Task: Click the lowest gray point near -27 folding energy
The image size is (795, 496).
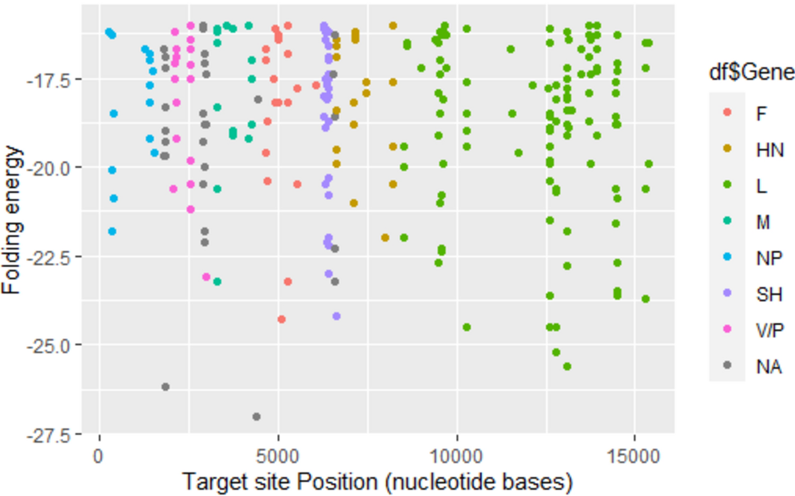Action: pos(256,417)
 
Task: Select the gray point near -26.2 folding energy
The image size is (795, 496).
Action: pos(165,387)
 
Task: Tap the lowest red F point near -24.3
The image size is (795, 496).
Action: pos(282,319)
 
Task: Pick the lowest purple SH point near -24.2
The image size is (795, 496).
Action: pos(336,316)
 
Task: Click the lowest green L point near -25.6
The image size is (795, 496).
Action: pos(567,366)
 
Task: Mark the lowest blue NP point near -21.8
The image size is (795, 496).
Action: pos(112,232)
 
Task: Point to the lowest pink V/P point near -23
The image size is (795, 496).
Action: pos(206,277)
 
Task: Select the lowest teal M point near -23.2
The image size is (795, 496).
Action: pos(217,282)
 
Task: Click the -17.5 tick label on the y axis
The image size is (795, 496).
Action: pos(49,80)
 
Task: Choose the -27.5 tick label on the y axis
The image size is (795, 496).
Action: pos(49,436)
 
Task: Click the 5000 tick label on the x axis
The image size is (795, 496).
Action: pos(277,456)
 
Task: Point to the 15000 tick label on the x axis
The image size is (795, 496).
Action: pos(633,456)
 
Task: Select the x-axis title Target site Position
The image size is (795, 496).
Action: pos(377,482)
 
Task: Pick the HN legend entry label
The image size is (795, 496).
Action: pos(770,150)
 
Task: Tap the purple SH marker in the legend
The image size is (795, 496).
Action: pos(727,293)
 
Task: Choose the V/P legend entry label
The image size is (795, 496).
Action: pos(770,330)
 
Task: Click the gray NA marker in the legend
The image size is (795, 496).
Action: pos(727,365)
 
